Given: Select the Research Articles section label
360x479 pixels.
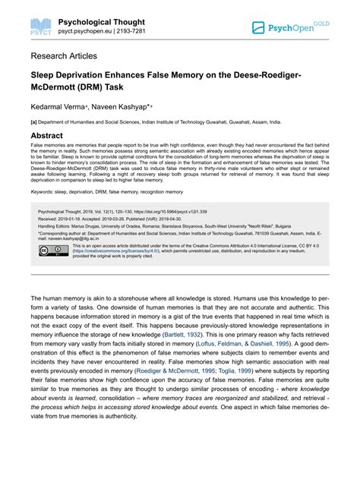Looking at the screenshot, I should click(64, 56).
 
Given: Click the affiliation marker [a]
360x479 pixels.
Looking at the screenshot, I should click(34, 120).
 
